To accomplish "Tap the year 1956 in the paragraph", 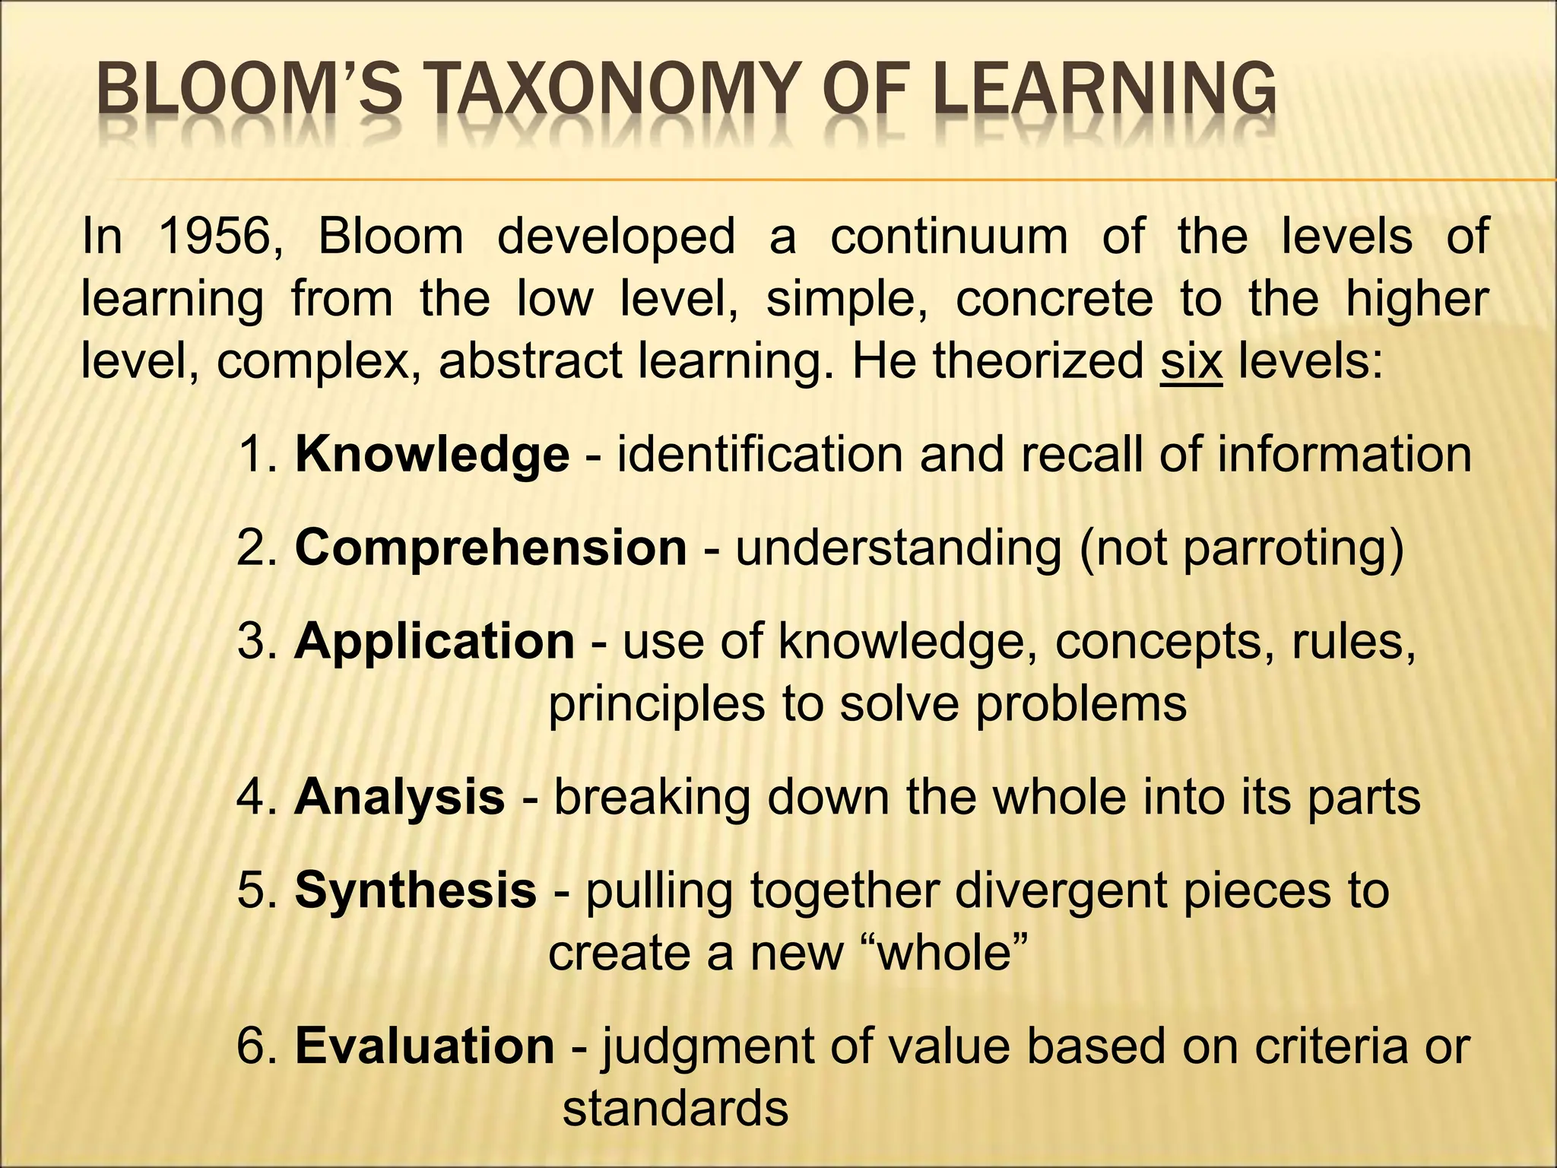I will [220, 236].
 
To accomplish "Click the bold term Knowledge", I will [432, 455].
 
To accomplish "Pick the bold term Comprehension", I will [490, 547].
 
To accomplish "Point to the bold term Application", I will [434, 641].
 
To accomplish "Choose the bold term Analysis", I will [399, 797].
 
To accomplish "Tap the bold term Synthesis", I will [415, 890].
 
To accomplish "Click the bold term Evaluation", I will [424, 1046].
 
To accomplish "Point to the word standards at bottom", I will [675, 1108].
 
